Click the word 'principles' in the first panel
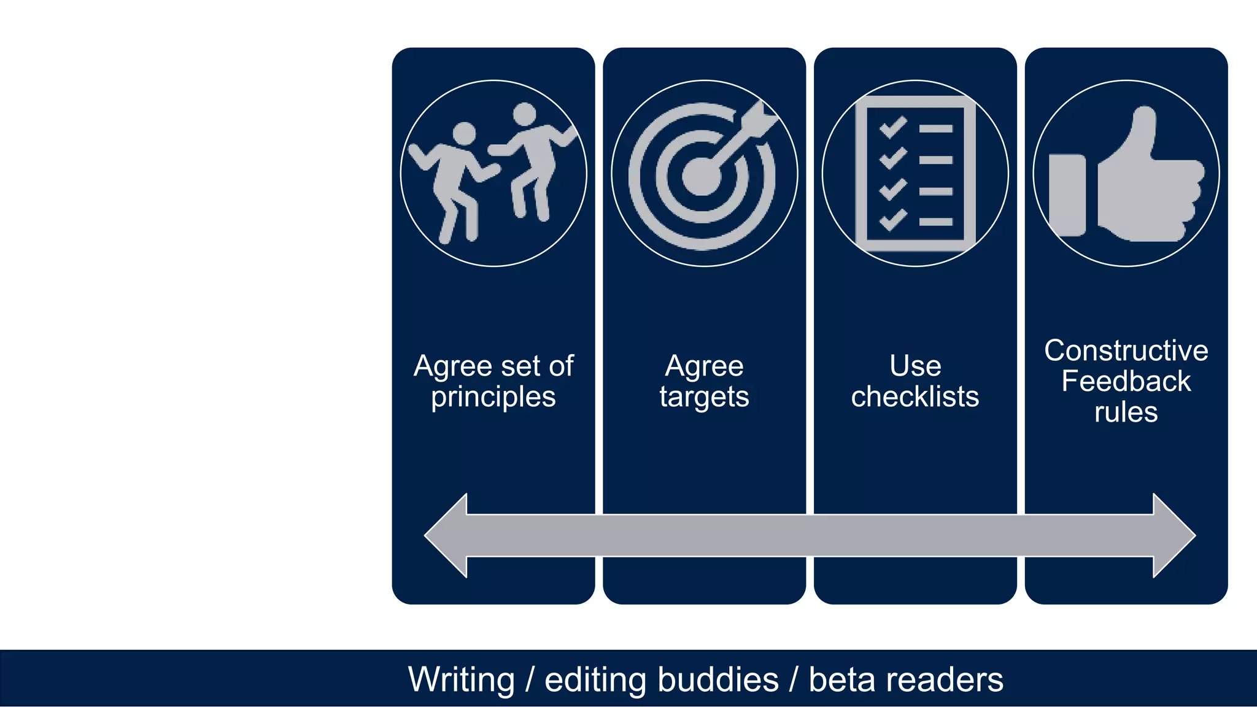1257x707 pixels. pyautogui.click(x=493, y=397)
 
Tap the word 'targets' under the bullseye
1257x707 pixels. pyautogui.click(x=704, y=397)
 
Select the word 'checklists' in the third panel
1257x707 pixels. pyautogui.click(x=915, y=397)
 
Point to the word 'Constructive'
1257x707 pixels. pyautogui.click(x=1126, y=350)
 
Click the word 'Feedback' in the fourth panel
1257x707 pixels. pyautogui.click(x=1126, y=381)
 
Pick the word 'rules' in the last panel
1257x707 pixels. pyautogui.click(x=1126, y=412)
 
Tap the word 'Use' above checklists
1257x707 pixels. pyautogui.click(x=915, y=366)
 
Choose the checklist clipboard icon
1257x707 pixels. pyautogui.click(x=915, y=174)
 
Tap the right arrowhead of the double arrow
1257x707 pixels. pyautogui.click(x=1173, y=535)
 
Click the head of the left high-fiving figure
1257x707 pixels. pyautogui.click(x=464, y=134)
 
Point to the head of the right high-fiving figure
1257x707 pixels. pyautogui.click(x=525, y=114)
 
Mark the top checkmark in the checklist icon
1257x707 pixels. pyautogui.click(x=893, y=128)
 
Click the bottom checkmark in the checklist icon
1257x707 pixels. pyautogui.click(x=893, y=219)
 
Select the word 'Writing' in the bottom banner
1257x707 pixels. pyautogui.click(x=462, y=680)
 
